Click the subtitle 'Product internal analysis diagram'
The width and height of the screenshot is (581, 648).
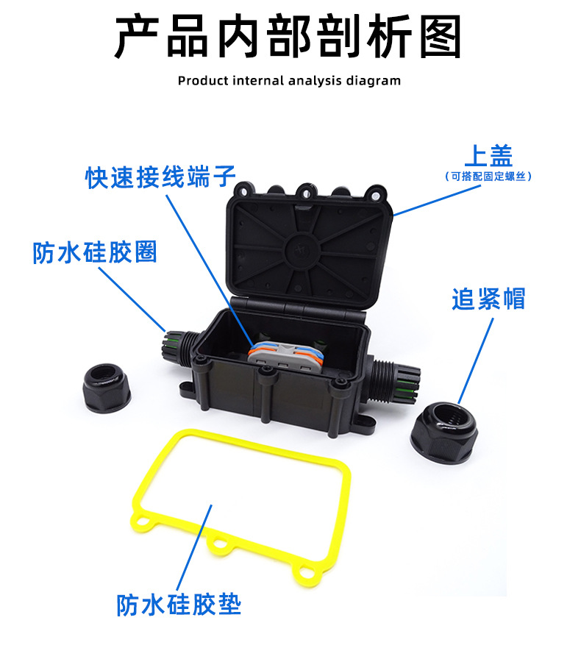pyautogui.click(x=289, y=80)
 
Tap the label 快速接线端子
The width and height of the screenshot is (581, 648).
pyautogui.click(x=160, y=177)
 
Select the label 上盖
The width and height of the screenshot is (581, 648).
pyautogui.click(x=488, y=156)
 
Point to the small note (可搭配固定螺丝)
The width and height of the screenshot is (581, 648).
pyautogui.click(x=488, y=177)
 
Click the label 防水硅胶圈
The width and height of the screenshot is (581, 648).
pyautogui.click(x=95, y=252)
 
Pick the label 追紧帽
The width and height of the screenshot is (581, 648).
pyautogui.click(x=488, y=299)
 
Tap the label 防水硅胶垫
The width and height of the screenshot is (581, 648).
pyautogui.click(x=179, y=605)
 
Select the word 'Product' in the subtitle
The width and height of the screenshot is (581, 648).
pyautogui.click(x=203, y=80)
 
